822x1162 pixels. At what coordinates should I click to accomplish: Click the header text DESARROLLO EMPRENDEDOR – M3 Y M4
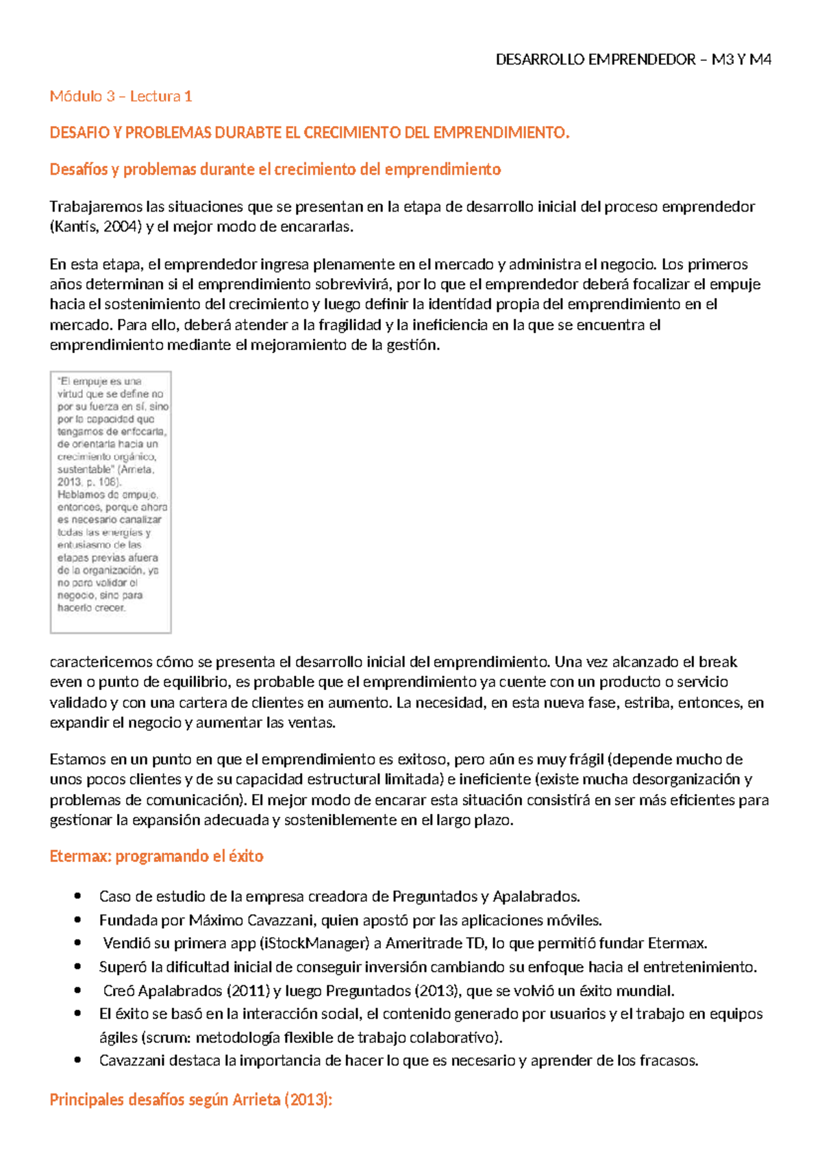(633, 60)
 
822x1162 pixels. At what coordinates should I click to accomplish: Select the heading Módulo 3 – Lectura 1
(121, 97)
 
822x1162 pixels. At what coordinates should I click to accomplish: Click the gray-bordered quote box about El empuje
(110, 502)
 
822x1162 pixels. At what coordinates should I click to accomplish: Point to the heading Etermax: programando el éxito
(156, 856)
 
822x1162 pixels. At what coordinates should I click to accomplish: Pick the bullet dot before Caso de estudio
(79, 897)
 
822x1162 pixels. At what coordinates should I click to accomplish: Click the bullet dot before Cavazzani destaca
(79, 1061)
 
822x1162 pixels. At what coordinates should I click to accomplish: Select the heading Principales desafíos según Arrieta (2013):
(190, 1100)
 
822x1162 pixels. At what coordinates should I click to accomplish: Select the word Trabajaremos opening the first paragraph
(96, 207)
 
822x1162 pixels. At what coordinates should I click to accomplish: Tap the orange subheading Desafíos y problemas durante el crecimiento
(275, 170)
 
